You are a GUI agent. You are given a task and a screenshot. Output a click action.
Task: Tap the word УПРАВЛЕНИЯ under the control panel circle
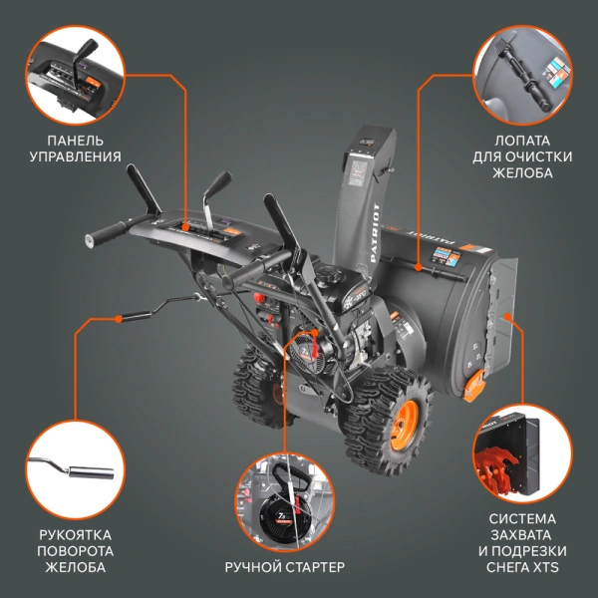click(x=75, y=156)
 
